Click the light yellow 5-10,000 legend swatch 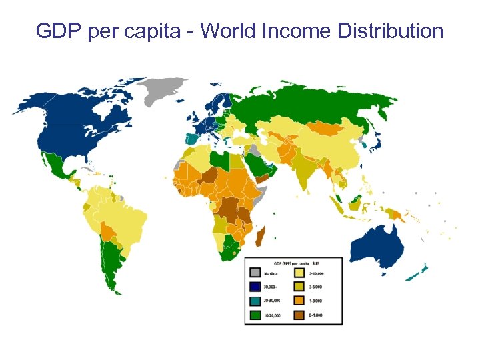[300, 273]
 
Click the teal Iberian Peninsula [192, 139]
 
